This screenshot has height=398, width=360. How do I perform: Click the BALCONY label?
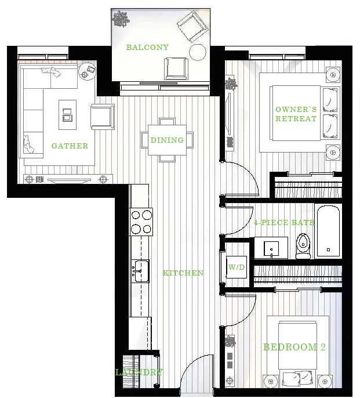pyautogui.click(x=147, y=48)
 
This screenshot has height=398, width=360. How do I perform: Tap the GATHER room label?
pyautogui.click(x=70, y=146)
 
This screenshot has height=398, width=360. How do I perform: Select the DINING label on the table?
pyautogui.click(x=167, y=140)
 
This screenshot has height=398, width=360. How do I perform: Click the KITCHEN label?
pyautogui.click(x=183, y=273)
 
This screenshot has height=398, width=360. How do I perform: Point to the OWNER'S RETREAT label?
pyautogui.click(x=296, y=114)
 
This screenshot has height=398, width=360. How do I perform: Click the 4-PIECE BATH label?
pyautogui.click(x=284, y=222)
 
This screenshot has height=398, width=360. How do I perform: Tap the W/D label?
pyautogui.click(x=236, y=267)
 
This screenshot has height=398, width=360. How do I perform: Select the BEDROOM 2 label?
pyautogui.click(x=294, y=347)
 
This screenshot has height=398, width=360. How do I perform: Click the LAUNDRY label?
pyautogui.click(x=139, y=372)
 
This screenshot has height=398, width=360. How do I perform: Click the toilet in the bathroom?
pyautogui.click(x=303, y=245)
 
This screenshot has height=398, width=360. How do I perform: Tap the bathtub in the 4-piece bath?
pyautogui.click(x=328, y=230)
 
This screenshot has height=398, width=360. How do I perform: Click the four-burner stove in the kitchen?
pyautogui.click(x=141, y=222)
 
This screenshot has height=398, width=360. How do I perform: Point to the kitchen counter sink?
pyautogui.click(x=140, y=271)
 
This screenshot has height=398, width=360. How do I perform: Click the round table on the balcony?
pyautogui.click(x=198, y=52)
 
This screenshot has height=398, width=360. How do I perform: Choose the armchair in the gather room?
pyautogui.click(x=103, y=117)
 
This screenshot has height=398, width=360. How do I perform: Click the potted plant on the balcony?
pyautogui.click(x=121, y=20)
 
